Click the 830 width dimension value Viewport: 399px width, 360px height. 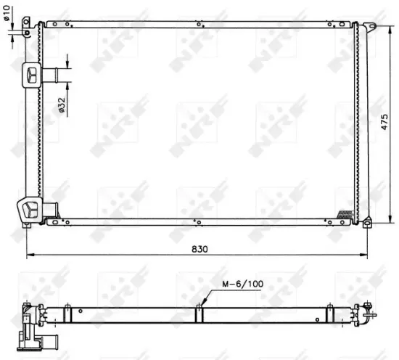pyautogui.click(x=199, y=248)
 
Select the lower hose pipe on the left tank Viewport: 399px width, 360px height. pyautogui.click(x=50, y=210)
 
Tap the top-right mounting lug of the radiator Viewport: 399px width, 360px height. pyautogui.click(x=369, y=28)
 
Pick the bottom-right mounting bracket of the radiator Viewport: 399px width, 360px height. pyautogui.click(x=367, y=221)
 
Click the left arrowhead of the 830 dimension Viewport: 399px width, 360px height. pyautogui.click(x=29, y=255)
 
